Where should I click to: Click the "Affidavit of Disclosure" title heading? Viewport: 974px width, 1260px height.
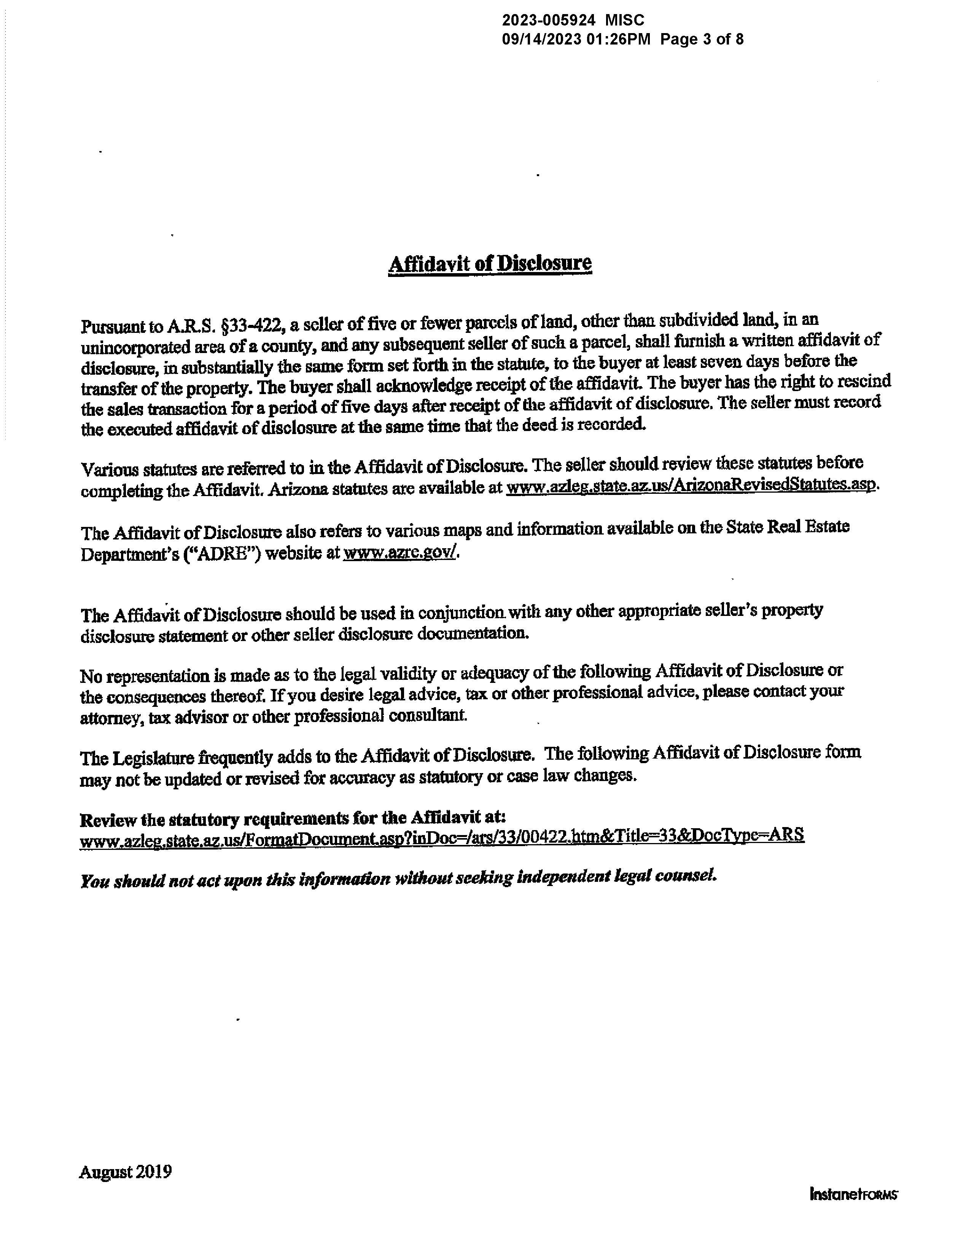[x=490, y=264]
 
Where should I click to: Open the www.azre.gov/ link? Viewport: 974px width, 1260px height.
[x=401, y=553]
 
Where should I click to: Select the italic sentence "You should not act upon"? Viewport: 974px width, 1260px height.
[x=398, y=879]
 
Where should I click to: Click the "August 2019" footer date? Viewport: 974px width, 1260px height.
[x=125, y=1172]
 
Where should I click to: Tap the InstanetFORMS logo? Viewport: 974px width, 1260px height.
[x=853, y=1194]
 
